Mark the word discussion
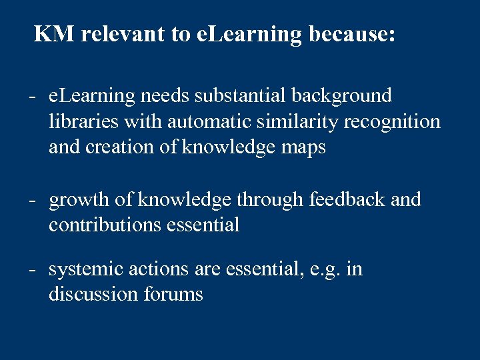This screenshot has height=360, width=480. (x=93, y=294)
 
